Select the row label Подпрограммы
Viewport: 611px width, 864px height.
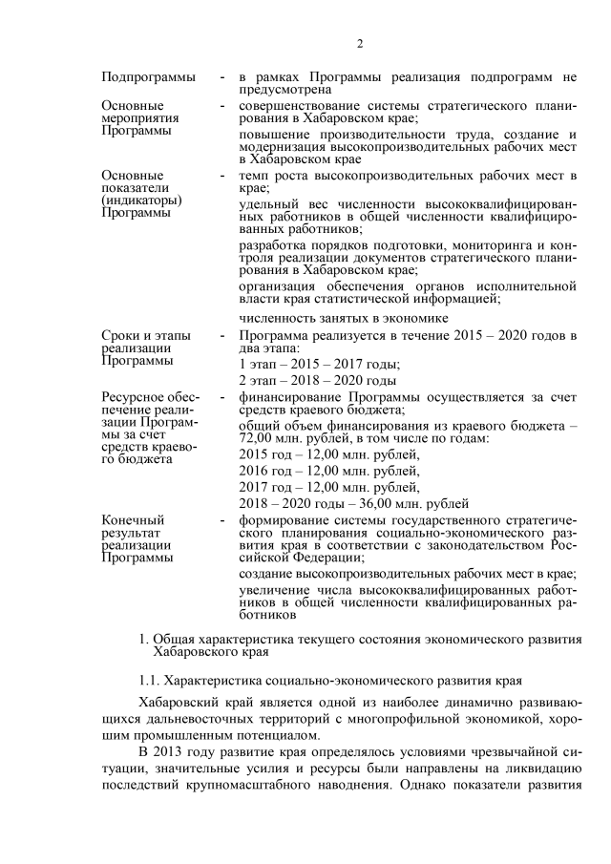tap(149, 75)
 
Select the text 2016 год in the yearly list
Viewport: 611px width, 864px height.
tap(266, 470)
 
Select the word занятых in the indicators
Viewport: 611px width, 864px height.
tap(332, 318)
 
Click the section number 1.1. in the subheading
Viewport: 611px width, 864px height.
tap(152, 681)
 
